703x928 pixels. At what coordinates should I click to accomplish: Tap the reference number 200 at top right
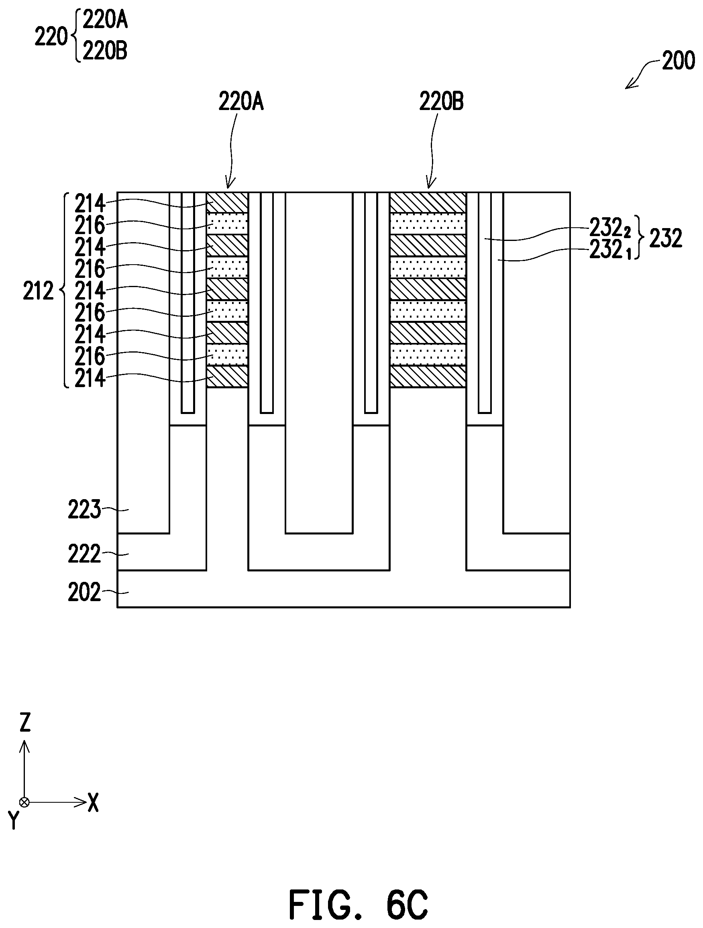point(678,62)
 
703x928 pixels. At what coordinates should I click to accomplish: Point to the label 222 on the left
point(84,554)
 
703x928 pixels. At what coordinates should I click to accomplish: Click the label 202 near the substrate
point(84,592)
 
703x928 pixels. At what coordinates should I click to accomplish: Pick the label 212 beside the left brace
point(38,291)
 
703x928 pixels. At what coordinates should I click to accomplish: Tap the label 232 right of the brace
point(666,238)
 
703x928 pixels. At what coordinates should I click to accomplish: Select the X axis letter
point(93,802)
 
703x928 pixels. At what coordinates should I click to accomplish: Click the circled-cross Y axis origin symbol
point(25,802)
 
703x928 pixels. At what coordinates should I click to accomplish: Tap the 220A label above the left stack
point(241,102)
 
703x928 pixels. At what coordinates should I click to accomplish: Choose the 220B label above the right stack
point(441,102)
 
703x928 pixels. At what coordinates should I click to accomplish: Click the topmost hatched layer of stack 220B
point(428,203)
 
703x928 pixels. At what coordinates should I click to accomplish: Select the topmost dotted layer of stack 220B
point(428,224)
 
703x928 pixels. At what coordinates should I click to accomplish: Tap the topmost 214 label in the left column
point(90,204)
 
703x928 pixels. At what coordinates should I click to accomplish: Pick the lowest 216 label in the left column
point(90,357)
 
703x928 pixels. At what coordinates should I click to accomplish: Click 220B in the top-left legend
point(105,52)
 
